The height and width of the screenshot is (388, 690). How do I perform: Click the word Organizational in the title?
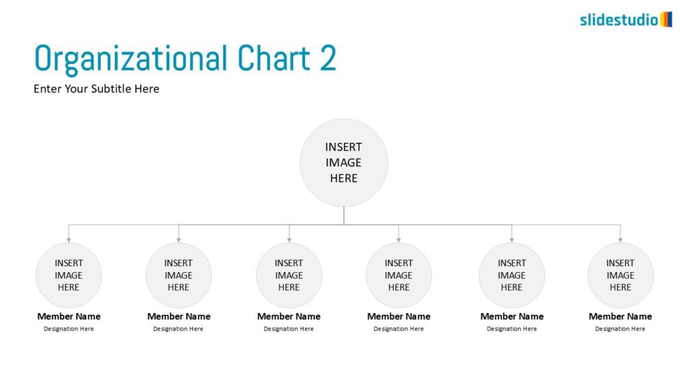tap(131, 59)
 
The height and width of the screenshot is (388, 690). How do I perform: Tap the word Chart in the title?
tap(274, 58)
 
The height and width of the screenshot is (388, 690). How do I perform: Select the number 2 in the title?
tap(328, 58)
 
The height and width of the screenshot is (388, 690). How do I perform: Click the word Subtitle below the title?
tap(111, 89)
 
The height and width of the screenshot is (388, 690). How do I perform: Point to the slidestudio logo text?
tap(619, 20)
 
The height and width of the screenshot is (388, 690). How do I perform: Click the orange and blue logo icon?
tap(666, 20)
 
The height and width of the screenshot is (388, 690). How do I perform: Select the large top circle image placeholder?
tap(344, 163)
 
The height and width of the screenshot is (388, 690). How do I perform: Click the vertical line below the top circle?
tap(344, 216)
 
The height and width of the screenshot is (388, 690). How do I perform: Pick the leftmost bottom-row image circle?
tap(69, 276)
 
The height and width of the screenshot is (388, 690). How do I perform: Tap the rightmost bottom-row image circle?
tap(621, 276)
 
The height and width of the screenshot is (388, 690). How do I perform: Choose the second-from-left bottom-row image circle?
tap(179, 276)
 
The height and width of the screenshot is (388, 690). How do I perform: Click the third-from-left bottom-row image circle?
tap(289, 276)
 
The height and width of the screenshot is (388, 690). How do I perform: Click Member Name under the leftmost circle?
tap(69, 317)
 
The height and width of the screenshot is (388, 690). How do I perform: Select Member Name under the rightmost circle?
tap(621, 317)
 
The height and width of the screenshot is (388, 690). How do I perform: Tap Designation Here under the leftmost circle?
tap(69, 329)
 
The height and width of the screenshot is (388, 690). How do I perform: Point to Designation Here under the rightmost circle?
tap(620, 329)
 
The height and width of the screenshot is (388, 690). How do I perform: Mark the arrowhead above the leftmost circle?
tap(69, 240)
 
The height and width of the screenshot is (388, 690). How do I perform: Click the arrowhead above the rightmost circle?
tap(621, 240)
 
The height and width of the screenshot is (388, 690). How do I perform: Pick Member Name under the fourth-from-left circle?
tap(399, 317)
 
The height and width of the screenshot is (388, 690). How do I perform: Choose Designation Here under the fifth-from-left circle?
tap(512, 329)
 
